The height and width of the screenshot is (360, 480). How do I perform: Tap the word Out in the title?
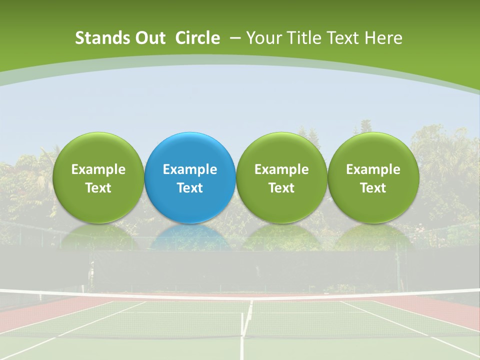149,38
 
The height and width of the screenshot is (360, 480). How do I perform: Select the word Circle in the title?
197,38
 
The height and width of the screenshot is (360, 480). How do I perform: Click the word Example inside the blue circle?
190,169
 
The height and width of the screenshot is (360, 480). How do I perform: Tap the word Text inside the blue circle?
190,188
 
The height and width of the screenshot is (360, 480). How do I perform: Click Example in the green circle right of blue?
281,169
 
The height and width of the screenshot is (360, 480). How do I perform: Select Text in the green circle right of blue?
281,188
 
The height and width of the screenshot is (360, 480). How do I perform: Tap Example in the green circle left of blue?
98,169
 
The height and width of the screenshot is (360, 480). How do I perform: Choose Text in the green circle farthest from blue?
373,188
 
